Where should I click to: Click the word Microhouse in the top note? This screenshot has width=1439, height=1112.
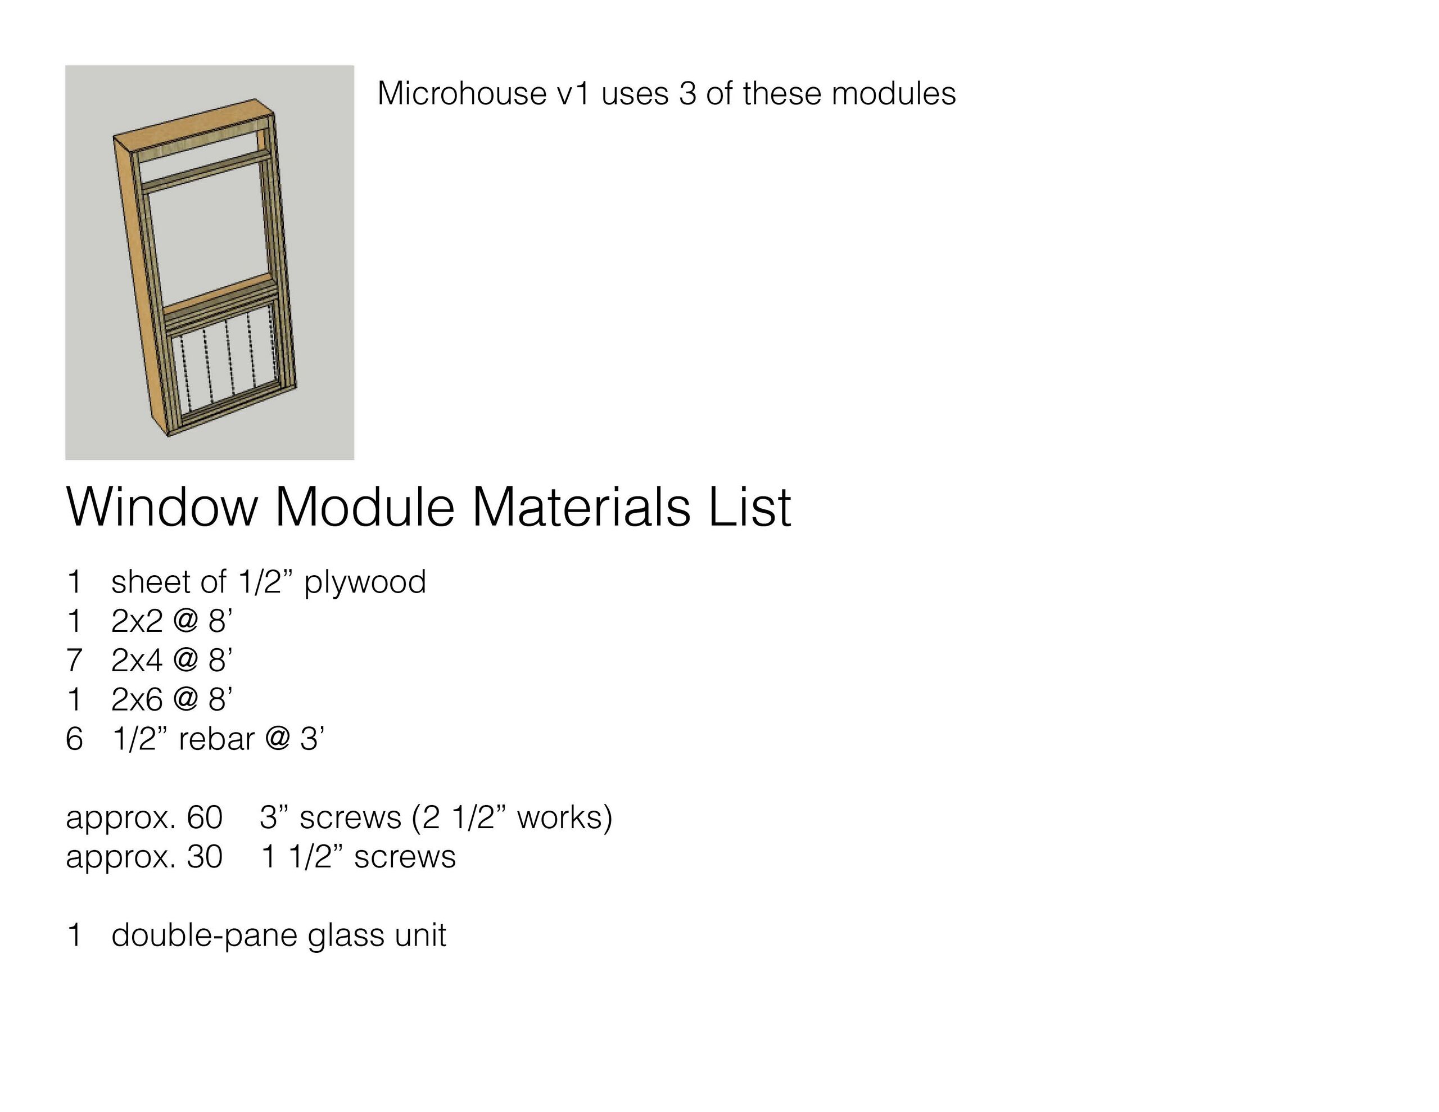point(462,93)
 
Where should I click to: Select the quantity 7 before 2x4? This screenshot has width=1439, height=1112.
point(74,661)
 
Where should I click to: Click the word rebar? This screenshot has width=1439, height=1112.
point(216,739)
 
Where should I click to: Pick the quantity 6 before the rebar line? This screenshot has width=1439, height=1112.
point(74,739)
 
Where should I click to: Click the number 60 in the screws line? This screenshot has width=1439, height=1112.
point(205,818)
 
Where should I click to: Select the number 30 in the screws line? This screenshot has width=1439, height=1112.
point(205,857)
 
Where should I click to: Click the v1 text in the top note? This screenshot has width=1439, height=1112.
point(573,93)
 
